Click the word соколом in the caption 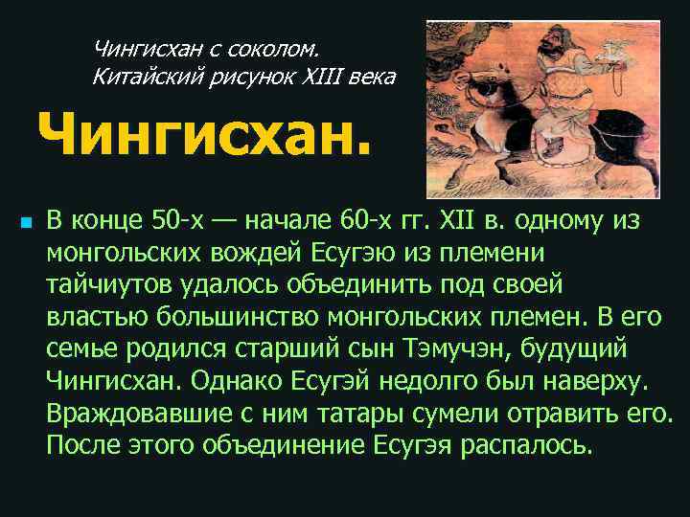coord(283,47)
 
